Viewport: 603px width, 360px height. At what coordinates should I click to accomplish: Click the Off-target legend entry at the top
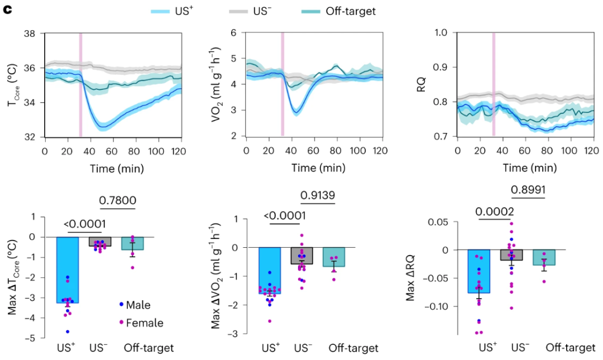pos(350,11)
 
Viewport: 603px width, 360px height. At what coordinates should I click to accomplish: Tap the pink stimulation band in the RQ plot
pos(494,84)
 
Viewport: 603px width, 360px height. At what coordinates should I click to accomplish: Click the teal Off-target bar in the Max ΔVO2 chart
pos(334,257)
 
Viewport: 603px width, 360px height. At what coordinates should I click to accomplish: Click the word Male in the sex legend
pos(138,305)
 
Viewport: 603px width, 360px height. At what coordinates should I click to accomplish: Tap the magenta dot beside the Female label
pos(121,323)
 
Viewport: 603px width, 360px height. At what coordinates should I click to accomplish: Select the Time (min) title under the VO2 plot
pos(313,168)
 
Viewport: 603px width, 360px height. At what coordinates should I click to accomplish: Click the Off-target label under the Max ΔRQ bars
pos(571,348)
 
